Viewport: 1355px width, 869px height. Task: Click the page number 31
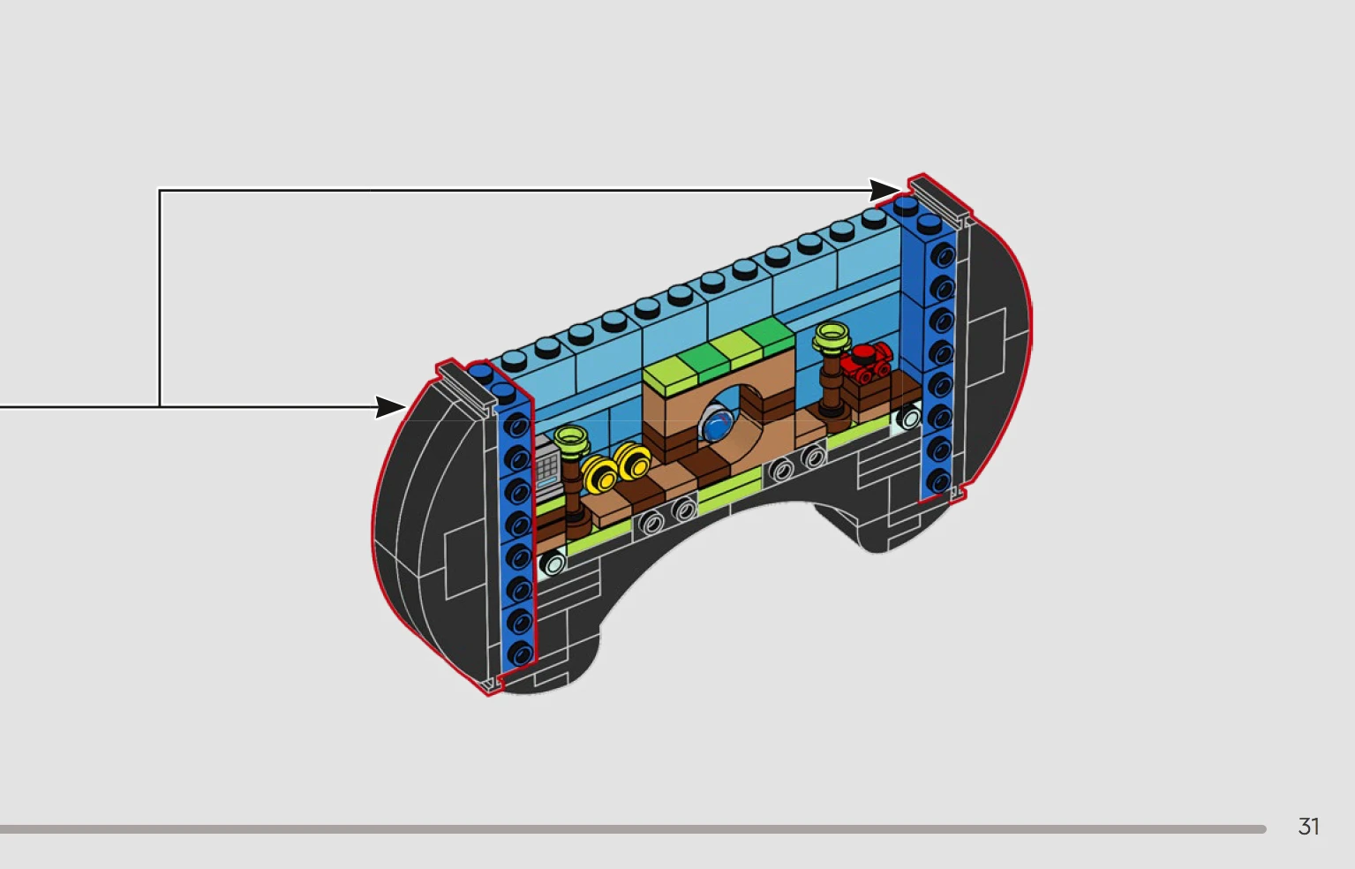(1308, 826)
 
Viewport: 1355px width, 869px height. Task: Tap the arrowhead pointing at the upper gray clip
(884, 190)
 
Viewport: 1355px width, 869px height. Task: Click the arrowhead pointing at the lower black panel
(390, 407)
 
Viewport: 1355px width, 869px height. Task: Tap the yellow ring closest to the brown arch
(632, 462)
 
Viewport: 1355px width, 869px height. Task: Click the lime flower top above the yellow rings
(571, 440)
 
